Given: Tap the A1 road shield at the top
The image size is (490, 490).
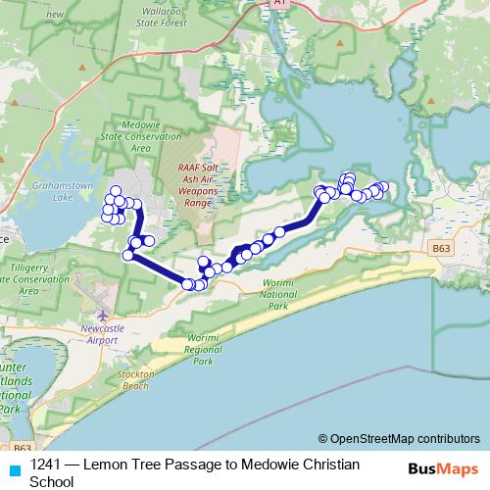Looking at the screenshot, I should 281,4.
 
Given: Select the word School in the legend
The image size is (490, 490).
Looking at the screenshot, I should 52,481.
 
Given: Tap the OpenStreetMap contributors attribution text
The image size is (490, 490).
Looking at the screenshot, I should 403,439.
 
